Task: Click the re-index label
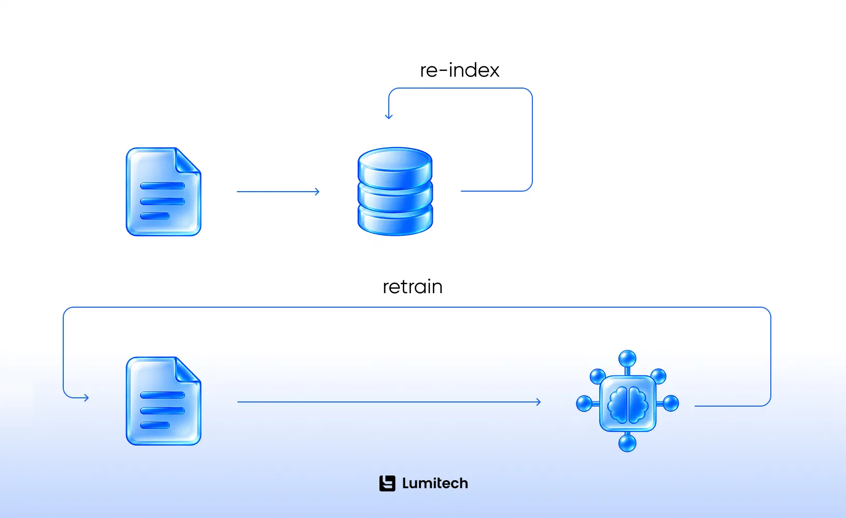pos(460,70)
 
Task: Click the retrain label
pos(413,287)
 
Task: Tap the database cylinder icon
pos(395,191)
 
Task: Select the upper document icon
pos(163,192)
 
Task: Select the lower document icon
pos(163,401)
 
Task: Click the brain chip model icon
pos(627,401)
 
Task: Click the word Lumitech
pos(435,483)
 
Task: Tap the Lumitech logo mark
pos(387,483)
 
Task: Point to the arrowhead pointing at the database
pos(317,192)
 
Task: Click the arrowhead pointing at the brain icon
pos(539,402)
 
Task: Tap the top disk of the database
pos(395,166)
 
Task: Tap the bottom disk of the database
pos(395,221)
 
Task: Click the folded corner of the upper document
pos(187,161)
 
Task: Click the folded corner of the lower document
pos(187,370)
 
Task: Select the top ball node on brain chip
pos(627,358)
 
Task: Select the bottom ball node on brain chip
pos(627,443)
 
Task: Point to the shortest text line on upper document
pos(155,216)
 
